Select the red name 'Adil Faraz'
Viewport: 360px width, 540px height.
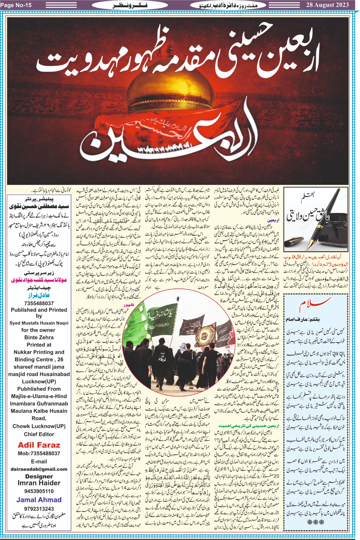[39, 445]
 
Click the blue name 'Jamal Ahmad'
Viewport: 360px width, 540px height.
[39, 500]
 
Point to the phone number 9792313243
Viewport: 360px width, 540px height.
[39, 509]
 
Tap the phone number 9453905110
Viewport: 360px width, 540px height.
[39, 491]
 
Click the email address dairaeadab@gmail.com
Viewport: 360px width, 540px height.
[39, 469]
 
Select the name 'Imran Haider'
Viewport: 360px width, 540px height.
[39, 483]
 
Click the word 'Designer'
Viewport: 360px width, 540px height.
[39, 476]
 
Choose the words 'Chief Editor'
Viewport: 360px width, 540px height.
[39, 434]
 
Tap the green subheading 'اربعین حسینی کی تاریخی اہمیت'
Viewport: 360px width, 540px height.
[249, 426]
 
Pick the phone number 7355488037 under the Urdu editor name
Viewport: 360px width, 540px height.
[39, 303]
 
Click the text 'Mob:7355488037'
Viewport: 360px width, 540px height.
[39, 453]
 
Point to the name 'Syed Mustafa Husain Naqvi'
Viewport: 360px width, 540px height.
[39, 323]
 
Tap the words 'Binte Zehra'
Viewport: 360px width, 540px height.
[39, 337]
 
